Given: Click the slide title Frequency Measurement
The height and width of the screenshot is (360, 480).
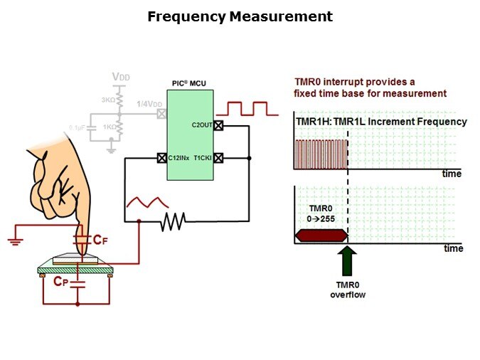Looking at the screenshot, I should point(240,16).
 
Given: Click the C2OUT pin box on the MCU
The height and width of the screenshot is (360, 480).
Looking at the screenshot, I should point(219,126).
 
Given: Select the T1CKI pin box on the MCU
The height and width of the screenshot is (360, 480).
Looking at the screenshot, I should point(219,158).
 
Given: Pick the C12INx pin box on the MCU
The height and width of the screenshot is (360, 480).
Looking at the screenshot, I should point(161,158).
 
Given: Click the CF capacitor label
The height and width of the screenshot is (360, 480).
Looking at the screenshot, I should point(100,240).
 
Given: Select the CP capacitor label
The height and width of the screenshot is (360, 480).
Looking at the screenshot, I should point(62,281).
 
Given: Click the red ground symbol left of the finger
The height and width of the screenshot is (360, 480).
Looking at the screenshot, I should point(15,240).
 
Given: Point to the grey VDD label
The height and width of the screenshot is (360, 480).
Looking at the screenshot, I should point(122,77).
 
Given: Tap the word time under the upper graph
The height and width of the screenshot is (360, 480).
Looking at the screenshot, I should point(452,174).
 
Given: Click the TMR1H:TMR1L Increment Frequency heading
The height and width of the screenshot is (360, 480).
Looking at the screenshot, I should point(381,122).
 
